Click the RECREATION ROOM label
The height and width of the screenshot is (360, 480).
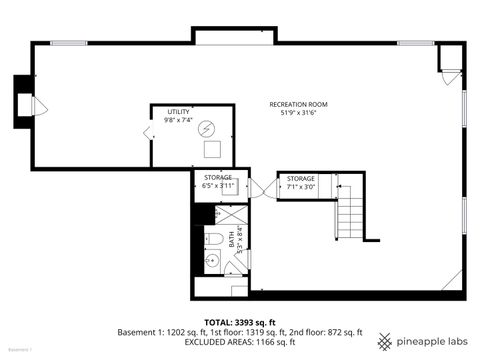(x=298, y=104)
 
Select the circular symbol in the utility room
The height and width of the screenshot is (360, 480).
(x=206, y=128)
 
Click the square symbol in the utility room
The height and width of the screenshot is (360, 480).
(x=212, y=150)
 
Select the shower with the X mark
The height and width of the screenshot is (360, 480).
(x=230, y=216)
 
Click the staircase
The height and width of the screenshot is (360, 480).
(x=350, y=212)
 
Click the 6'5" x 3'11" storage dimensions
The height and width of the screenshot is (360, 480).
(x=217, y=186)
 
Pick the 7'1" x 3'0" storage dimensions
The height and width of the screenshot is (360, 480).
(x=301, y=186)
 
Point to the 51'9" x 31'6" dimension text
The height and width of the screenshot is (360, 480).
(x=298, y=113)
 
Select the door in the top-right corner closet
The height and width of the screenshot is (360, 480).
(x=452, y=73)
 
